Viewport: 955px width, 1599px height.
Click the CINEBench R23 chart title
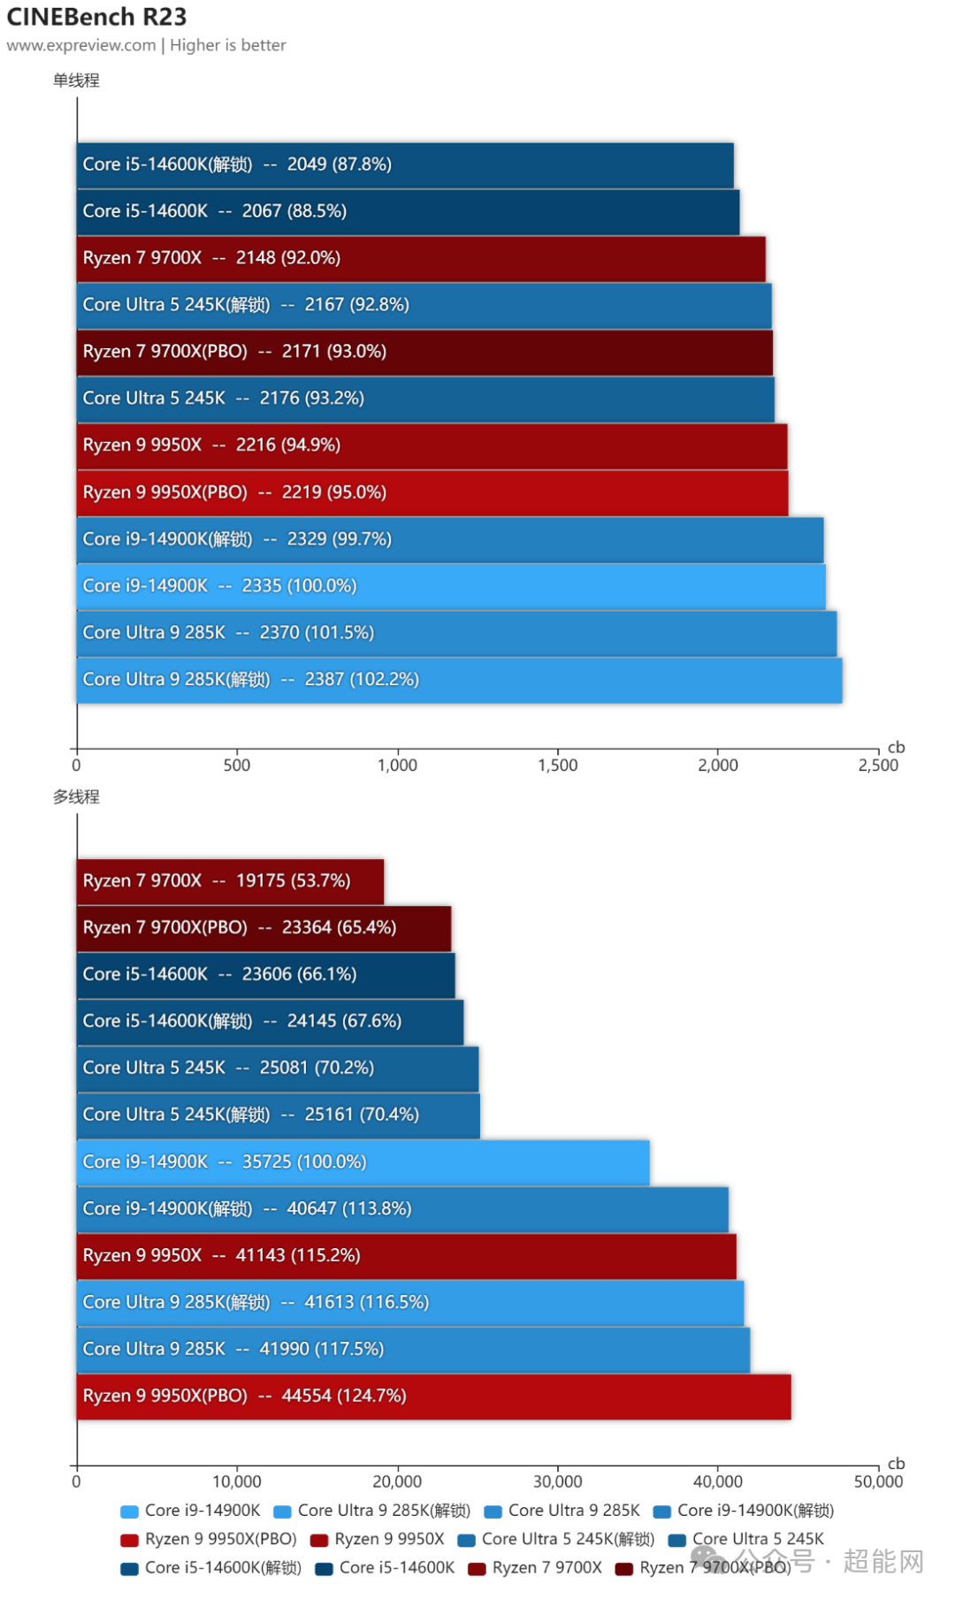[x=96, y=17]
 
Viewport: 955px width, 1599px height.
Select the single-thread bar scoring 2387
[x=459, y=680]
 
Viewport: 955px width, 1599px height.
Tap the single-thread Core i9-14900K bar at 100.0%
[x=451, y=586]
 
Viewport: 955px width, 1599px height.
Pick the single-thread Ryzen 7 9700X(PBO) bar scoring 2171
[x=424, y=352]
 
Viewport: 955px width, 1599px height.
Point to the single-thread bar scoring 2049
[x=405, y=164]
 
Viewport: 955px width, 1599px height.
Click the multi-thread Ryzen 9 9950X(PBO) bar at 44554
[x=433, y=1397]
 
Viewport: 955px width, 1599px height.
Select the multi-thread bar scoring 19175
[x=230, y=881]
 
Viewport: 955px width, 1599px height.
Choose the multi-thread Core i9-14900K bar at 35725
[x=363, y=1162]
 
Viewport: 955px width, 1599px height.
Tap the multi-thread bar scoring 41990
[x=413, y=1350]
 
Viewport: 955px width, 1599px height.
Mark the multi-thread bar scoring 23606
[x=265, y=975]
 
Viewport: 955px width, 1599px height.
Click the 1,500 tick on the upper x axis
[x=558, y=765]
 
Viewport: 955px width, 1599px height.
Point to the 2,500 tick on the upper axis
[x=878, y=765]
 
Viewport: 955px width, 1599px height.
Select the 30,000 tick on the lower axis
[x=558, y=1482]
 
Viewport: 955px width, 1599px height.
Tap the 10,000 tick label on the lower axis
[x=237, y=1482]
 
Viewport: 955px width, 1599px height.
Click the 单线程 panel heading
[x=76, y=80]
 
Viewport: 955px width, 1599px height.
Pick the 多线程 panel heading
[x=76, y=797]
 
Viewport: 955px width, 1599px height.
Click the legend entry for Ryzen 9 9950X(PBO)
[x=210, y=1540]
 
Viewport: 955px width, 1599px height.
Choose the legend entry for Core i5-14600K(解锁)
[x=212, y=1568]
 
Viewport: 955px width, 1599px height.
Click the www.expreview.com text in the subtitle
[x=81, y=45]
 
